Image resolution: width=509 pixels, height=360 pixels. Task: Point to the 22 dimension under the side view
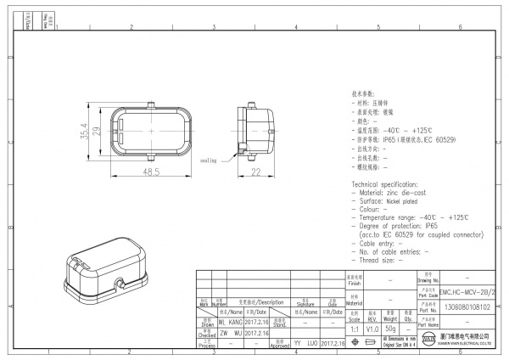pyautogui.click(x=255, y=172)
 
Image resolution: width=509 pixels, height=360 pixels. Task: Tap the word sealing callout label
pyautogui.click(x=209, y=159)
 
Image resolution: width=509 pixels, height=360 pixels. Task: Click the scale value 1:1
pyautogui.click(x=354, y=328)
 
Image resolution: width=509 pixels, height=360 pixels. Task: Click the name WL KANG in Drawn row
pyautogui.click(x=228, y=323)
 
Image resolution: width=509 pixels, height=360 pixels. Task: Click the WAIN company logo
pyautogui.click(x=430, y=343)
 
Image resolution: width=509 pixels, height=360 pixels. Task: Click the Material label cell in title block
pyautogui.click(x=354, y=301)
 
